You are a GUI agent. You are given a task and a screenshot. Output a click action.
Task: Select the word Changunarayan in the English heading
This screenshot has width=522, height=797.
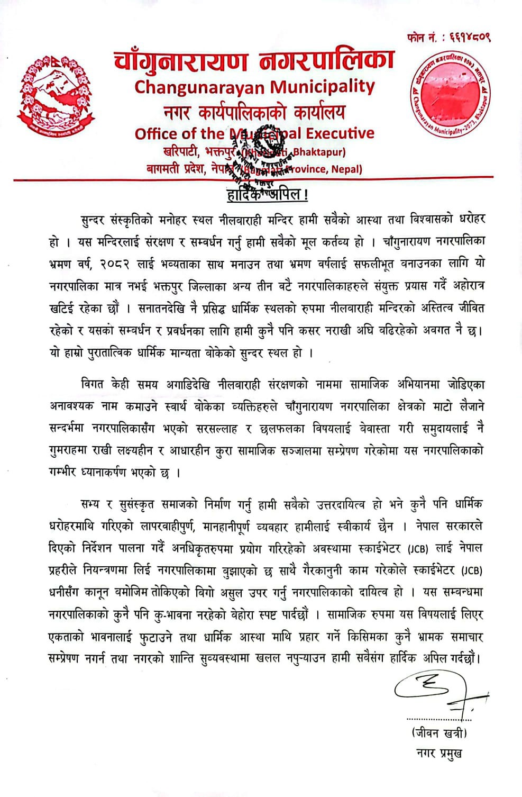200,87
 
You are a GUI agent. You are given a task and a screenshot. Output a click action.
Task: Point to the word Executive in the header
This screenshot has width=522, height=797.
342,133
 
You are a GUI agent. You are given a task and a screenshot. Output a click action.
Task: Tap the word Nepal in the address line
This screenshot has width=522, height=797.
348,169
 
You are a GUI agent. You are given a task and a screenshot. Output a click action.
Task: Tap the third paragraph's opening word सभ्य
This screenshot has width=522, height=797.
89,504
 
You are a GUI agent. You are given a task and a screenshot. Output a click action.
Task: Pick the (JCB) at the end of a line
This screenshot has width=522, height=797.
471,570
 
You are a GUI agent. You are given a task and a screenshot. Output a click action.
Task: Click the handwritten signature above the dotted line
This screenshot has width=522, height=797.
433,693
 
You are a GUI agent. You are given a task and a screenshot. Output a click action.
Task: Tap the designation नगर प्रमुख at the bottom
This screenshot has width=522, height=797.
438,753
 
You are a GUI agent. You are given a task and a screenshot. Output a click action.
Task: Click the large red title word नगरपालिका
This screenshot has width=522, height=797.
323,61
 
